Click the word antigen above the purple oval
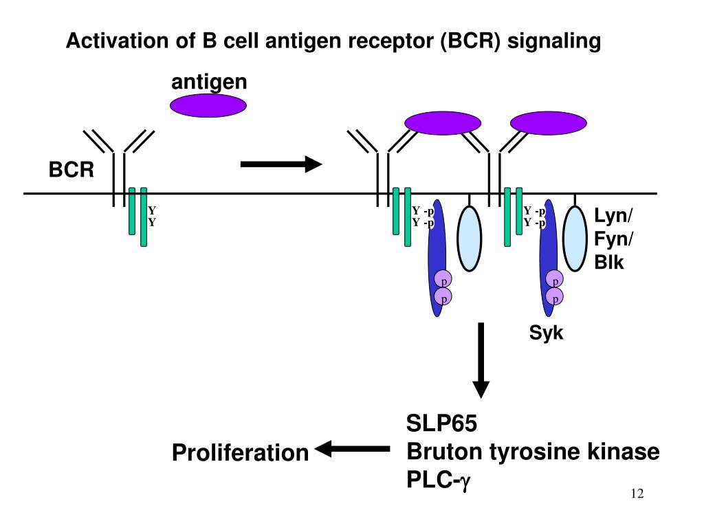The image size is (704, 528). point(208,82)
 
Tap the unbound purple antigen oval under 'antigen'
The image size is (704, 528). point(208,106)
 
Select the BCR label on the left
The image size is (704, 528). point(71,170)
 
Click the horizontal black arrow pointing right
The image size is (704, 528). point(280,164)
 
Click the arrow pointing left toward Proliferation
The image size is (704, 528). point(351,450)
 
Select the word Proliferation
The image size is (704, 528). point(240,453)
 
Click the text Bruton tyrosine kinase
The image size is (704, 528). point(533,452)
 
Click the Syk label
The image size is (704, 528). point(546,334)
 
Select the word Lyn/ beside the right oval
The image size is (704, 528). point(613,216)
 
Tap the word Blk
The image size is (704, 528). point(609,263)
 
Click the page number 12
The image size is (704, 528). point(636,494)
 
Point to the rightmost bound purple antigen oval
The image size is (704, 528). point(548,123)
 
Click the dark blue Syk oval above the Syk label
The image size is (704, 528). point(548,261)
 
